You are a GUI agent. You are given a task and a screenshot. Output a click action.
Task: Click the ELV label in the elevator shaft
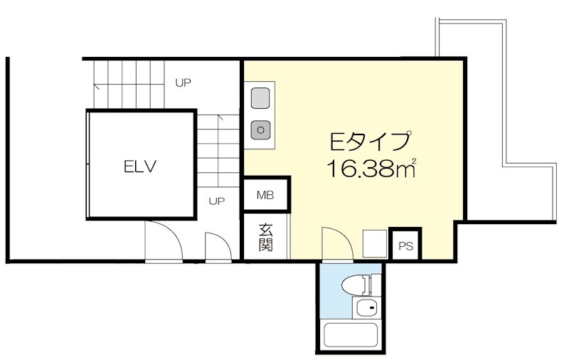tap(139, 167)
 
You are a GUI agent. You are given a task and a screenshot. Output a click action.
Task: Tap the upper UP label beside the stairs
tap(184, 83)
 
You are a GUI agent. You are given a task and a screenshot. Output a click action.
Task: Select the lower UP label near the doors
tap(217, 201)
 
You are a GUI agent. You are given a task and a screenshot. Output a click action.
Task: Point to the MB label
tap(265, 195)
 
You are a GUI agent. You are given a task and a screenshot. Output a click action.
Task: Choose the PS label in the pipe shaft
tap(405, 247)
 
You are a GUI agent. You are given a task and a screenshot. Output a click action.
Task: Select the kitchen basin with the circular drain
tap(261, 129)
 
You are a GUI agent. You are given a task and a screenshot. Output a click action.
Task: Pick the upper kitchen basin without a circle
tap(261, 95)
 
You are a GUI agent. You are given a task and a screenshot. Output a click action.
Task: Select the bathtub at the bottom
tap(350, 335)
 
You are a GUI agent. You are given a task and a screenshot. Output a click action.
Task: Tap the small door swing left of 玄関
tap(217, 246)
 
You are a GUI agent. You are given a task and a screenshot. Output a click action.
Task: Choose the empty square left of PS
tap(374, 244)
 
